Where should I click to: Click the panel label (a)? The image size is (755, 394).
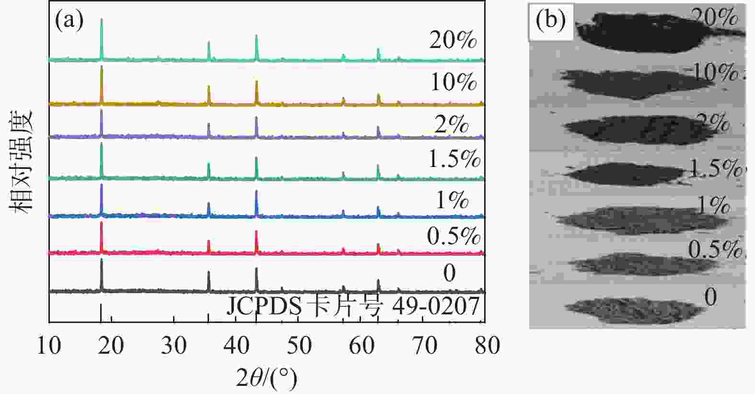(x=70, y=20)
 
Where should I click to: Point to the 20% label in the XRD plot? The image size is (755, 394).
(x=453, y=40)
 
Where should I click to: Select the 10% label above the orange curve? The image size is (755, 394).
(x=453, y=82)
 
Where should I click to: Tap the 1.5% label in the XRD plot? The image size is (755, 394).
(x=454, y=159)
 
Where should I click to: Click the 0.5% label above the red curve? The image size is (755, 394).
(x=453, y=236)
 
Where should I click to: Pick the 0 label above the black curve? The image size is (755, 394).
(x=449, y=273)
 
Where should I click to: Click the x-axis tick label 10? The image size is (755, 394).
(x=49, y=346)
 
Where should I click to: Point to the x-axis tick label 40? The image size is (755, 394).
(x=236, y=346)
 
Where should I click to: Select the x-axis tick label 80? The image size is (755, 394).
(x=487, y=346)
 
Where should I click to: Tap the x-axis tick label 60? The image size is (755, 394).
(x=361, y=346)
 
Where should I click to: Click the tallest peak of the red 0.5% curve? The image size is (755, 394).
(x=101, y=223)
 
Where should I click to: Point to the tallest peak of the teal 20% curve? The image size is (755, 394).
(x=102, y=20)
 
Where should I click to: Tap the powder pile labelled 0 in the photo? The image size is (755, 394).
(x=633, y=310)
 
